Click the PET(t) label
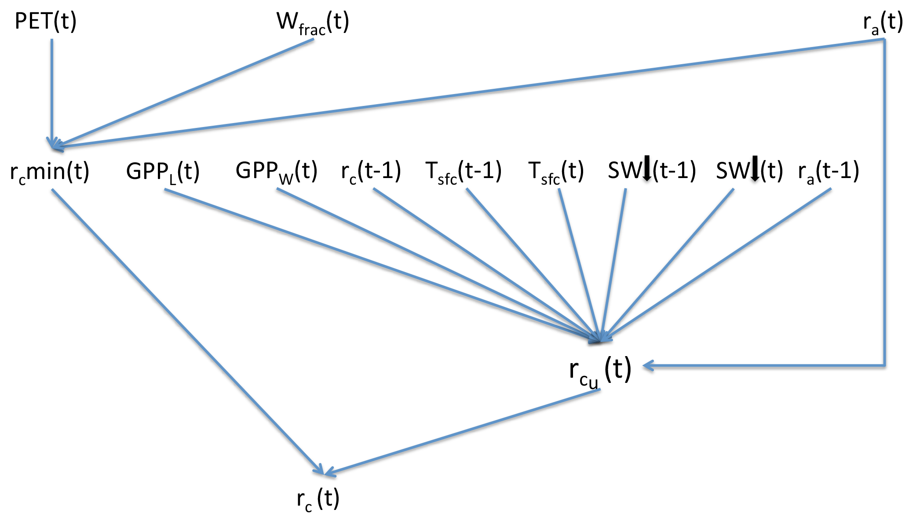click(x=46, y=21)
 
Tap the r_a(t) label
click(x=883, y=22)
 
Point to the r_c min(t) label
click(x=50, y=171)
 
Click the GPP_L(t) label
click(x=163, y=171)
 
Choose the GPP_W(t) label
click(x=276, y=171)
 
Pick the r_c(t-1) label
click(x=371, y=171)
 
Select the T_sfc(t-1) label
click(x=463, y=171)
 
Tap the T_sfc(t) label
click(x=556, y=171)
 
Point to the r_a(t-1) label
click(x=829, y=171)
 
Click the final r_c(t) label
click(x=318, y=499)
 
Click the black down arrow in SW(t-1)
click(x=647, y=168)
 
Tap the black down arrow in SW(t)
click(x=755, y=168)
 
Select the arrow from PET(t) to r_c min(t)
click(x=52, y=92)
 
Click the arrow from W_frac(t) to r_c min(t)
click(x=185, y=93)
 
